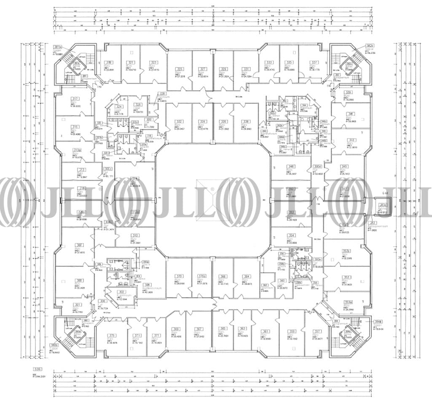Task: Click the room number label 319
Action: coord(108,62)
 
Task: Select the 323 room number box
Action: coord(153,62)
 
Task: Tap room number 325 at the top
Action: coord(180,69)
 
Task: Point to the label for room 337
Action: coord(314,62)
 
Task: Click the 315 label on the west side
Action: coord(75,127)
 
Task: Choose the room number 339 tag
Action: coord(348,92)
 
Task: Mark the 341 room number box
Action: coord(350,114)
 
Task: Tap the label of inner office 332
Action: coord(179,122)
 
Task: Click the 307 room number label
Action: coord(79,245)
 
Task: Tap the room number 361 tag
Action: coord(265,331)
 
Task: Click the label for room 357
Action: coord(318,331)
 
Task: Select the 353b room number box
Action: coord(346,252)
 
